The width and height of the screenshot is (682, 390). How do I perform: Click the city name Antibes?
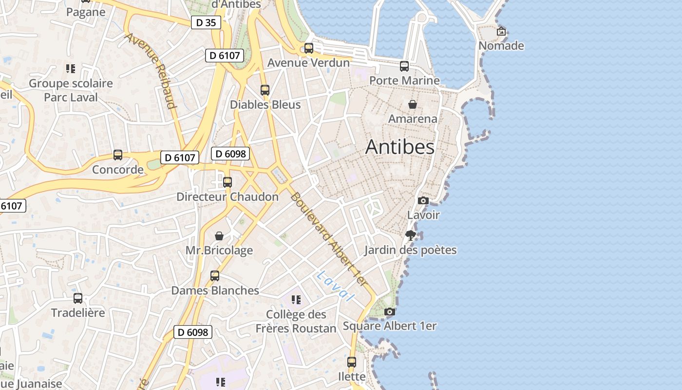tap(399, 147)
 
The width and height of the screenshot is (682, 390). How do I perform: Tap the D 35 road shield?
tap(206, 22)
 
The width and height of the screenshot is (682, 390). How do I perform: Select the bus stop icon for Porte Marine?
tap(404, 66)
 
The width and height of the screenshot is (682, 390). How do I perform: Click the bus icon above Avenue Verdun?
tap(309, 48)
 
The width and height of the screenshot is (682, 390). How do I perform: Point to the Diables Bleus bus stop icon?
tap(265, 90)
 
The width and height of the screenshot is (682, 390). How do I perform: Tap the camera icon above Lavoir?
tap(423, 200)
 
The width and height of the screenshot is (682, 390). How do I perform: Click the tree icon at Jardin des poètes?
tap(411, 235)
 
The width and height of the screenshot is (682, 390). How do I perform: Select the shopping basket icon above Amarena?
tap(413, 104)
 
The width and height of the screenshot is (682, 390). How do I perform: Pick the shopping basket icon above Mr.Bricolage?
tap(219, 236)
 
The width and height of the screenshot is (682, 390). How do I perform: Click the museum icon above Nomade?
tap(501, 32)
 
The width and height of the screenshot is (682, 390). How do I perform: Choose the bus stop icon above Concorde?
tap(118, 155)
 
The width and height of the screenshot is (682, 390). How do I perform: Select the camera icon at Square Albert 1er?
tap(389, 312)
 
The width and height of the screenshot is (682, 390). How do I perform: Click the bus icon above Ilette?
tap(352, 362)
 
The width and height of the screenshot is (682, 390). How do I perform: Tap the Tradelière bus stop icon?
tap(78, 298)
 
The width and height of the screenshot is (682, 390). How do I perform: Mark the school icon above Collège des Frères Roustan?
tap(296, 299)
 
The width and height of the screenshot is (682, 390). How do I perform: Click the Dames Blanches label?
tap(215, 291)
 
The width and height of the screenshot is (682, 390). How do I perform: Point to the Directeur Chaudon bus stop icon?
tap(227, 182)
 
